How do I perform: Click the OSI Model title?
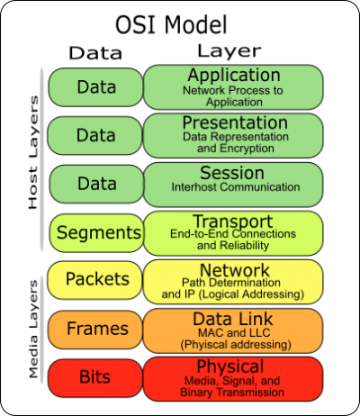click(171, 24)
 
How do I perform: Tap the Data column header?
click(95, 53)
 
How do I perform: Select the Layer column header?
click(229, 51)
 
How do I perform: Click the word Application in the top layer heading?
click(234, 76)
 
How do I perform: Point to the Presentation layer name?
click(235, 122)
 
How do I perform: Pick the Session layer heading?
click(232, 173)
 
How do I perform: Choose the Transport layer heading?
click(233, 222)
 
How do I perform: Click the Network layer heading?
click(235, 270)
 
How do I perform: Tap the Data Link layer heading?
click(233, 319)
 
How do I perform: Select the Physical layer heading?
click(230, 366)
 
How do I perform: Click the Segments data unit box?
click(96, 233)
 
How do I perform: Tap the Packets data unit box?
click(94, 280)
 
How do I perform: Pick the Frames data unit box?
click(95, 330)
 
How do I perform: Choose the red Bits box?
click(95, 377)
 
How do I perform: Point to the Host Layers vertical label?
click(33, 152)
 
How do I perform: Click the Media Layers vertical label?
click(33, 330)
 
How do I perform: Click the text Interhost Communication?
click(236, 187)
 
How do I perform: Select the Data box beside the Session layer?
click(96, 184)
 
